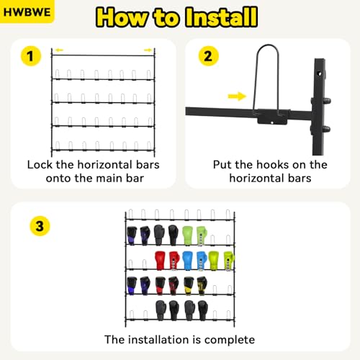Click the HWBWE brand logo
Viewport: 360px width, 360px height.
(27, 12)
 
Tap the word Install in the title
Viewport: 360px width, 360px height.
(222, 17)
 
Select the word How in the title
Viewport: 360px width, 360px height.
(122, 17)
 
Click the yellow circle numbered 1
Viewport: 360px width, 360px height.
(31, 56)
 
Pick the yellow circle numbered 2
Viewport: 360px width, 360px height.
(208, 56)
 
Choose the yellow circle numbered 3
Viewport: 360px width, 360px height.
(40, 226)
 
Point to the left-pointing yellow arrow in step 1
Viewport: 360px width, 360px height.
(59, 50)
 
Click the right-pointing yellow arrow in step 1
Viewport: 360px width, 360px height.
(148, 50)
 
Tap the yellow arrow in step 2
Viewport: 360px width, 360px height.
(237, 96)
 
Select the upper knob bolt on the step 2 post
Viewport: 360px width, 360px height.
(326, 101)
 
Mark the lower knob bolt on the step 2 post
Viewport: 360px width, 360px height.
(326, 129)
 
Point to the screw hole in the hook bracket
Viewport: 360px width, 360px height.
(272, 122)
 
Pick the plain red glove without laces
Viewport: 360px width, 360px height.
(160, 260)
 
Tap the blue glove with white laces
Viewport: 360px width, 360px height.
(201, 261)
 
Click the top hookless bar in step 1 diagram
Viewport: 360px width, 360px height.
(103, 55)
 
